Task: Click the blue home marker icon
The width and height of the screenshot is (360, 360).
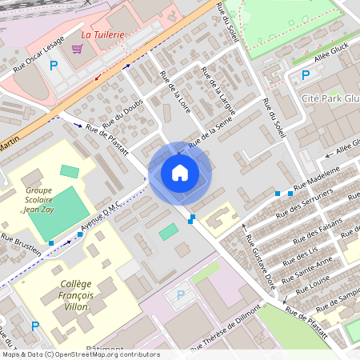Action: pos(180,173)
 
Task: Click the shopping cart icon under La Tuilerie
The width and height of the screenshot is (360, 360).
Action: pos(77,49)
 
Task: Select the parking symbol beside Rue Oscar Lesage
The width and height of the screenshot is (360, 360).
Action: pos(54,66)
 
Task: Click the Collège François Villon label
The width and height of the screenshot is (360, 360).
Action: pos(76,295)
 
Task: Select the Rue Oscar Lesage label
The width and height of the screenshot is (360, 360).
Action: pos(36,56)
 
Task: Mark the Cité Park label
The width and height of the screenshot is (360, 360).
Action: pos(319,97)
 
